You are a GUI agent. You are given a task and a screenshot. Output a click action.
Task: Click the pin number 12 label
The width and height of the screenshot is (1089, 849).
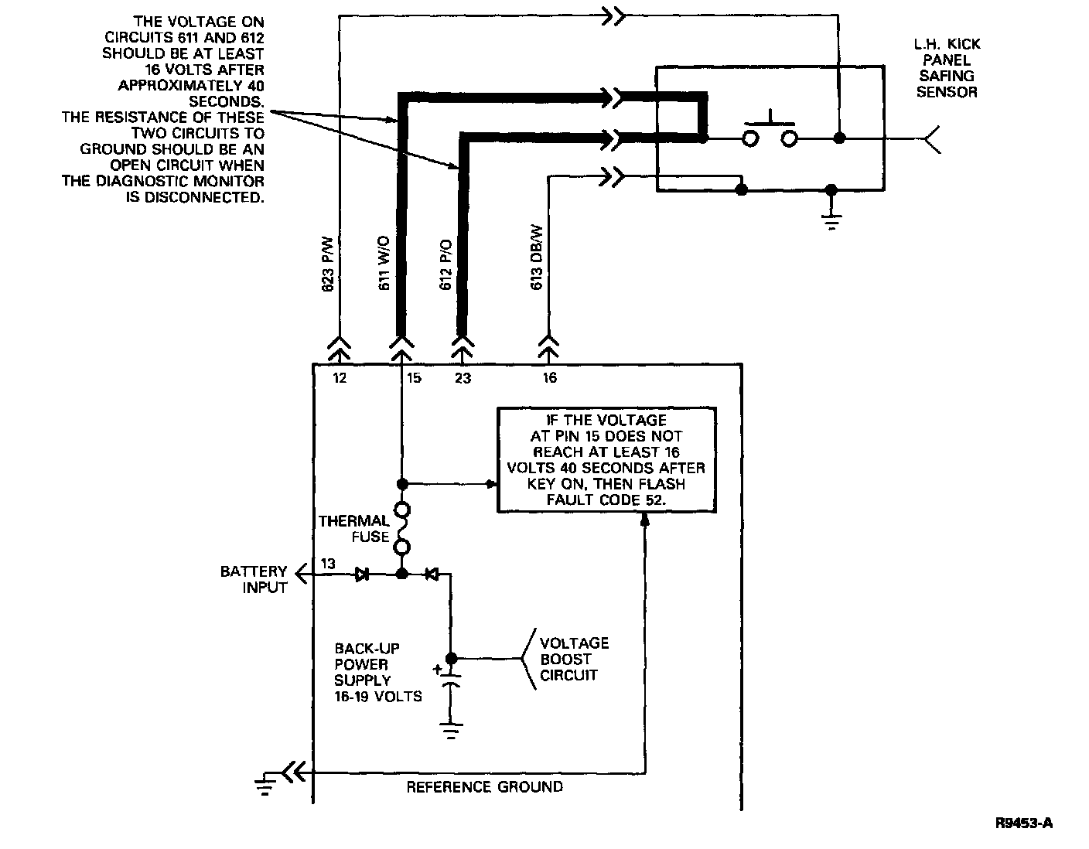tap(340, 378)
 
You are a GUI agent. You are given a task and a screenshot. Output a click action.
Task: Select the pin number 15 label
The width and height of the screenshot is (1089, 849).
tap(414, 378)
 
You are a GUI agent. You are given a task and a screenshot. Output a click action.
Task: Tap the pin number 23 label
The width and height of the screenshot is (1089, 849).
tap(463, 378)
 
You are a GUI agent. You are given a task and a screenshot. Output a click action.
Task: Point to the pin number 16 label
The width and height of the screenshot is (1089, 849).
tap(549, 378)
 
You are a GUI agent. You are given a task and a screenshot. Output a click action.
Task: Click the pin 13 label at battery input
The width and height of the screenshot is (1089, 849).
tap(328, 564)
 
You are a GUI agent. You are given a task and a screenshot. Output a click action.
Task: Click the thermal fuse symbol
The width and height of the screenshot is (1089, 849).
tap(402, 529)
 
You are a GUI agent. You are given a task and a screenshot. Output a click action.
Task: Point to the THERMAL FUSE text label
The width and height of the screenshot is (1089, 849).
tap(353, 529)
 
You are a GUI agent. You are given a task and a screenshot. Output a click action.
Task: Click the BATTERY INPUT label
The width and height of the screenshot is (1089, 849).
tap(254, 579)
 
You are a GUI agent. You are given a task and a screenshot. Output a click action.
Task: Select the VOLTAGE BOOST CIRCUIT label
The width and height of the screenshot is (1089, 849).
tap(574, 659)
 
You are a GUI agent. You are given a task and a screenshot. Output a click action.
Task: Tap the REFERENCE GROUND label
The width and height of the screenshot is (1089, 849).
tap(485, 787)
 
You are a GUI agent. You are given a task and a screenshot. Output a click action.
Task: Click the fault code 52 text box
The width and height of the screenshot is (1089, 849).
tap(606, 460)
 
